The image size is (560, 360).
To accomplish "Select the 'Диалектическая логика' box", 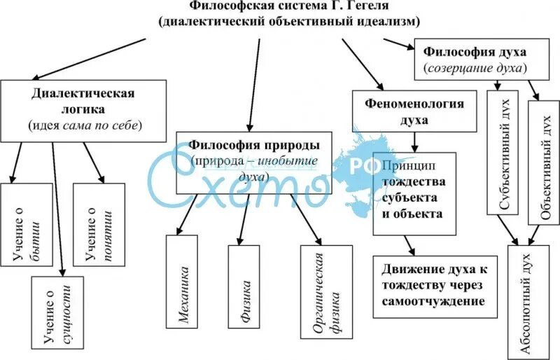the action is (83, 109).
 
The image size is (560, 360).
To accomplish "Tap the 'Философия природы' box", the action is (254, 162).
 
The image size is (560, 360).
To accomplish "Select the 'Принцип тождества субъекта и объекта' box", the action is (414, 193).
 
